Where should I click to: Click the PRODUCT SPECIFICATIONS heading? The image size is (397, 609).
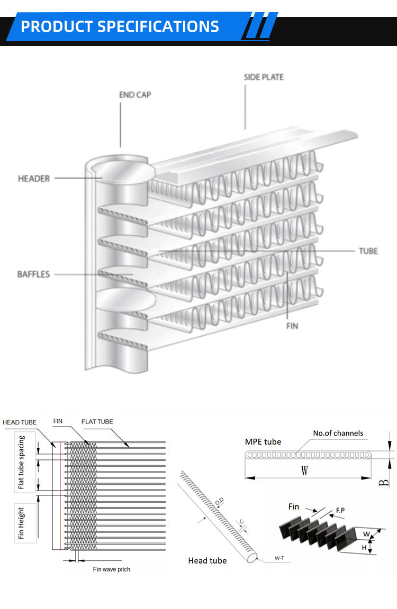pos(120,26)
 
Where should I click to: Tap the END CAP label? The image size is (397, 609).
pos(135,95)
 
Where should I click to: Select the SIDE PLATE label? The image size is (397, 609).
pos(263,77)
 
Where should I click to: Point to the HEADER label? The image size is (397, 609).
pos(34,179)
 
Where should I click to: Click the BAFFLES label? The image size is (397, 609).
pos(33,274)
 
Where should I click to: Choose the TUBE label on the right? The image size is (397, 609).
pos(368,251)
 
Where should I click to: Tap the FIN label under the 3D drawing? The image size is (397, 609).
pos(292,326)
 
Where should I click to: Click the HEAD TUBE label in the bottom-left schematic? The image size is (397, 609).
pos(20,422)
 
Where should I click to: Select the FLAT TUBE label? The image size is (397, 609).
pos(97,421)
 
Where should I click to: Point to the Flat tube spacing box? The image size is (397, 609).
pos(22,462)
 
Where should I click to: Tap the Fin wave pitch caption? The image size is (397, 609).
pos(111,569)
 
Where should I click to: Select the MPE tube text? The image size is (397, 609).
pos(263,442)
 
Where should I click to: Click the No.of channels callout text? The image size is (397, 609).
pos(338,433)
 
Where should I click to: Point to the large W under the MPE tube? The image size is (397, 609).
pos(304,471)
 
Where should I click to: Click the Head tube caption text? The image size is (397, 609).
pos(207,560)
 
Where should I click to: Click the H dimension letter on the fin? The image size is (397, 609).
pos(364,548)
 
